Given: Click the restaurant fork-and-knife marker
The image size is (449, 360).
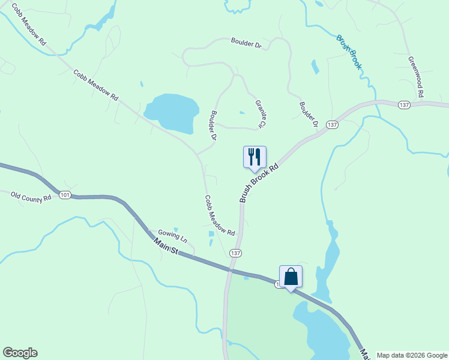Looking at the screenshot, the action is tap(255, 157).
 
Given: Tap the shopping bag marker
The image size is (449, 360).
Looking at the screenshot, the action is tap(291, 277).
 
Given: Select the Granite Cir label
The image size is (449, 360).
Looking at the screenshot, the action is tap(259, 114).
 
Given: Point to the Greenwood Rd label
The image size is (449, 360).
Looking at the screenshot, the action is tap(416, 77).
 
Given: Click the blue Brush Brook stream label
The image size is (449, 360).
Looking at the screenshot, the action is tap(349, 52).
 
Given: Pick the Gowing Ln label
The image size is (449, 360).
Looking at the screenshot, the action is tap(173, 235).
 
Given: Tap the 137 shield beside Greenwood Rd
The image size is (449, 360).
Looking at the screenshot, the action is tap(403, 105).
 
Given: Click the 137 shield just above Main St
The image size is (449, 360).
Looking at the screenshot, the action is tap(235, 253).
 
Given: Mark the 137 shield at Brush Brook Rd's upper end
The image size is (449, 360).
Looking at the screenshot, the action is tap(333, 125).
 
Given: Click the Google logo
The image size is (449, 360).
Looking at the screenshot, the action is tap(20, 353).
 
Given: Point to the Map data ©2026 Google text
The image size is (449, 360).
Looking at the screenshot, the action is tap(411, 355).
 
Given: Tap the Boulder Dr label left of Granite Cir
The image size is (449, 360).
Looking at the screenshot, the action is tap(212, 125).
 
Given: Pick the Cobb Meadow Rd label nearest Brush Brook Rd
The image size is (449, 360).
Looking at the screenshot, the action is tap(219, 215).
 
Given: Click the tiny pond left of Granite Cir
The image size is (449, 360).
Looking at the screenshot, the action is tap(242, 112).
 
